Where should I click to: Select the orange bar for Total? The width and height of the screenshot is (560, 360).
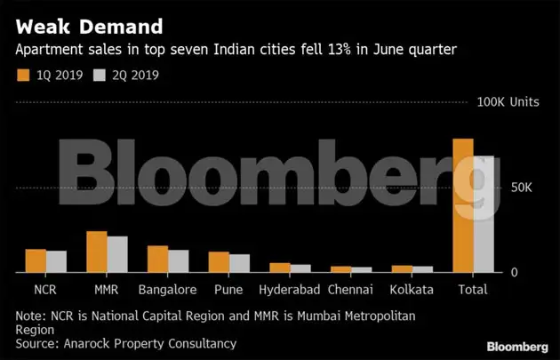pyautogui.click(x=462, y=205)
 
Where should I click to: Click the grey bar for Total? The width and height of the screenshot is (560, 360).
pyautogui.click(x=484, y=214)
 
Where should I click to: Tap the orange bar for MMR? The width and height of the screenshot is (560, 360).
pyautogui.click(x=96, y=252)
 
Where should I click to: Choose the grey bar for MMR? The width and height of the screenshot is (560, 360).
pyautogui.click(x=117, y=254)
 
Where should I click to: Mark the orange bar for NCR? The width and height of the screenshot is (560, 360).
pyautogui.click(x=36, y=260)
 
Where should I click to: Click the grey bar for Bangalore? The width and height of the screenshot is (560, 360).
pyautogui.click(x=179, y=261)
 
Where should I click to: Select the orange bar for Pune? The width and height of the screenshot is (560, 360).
pyautogui.click(x=219, y=262)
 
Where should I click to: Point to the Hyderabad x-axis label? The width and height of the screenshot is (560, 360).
pyautogui.click(x=289, y=290)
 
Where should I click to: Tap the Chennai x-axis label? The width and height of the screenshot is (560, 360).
pyautogui.click(x=350, y=290)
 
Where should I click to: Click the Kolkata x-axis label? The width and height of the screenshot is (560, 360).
pyautogui.click(x=412, y=290)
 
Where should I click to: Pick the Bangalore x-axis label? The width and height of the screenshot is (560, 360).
pyautogui.click(x=167, y=290)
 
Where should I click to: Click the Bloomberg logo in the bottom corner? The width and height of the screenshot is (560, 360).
pyautogui.click(x=516, y=346)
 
